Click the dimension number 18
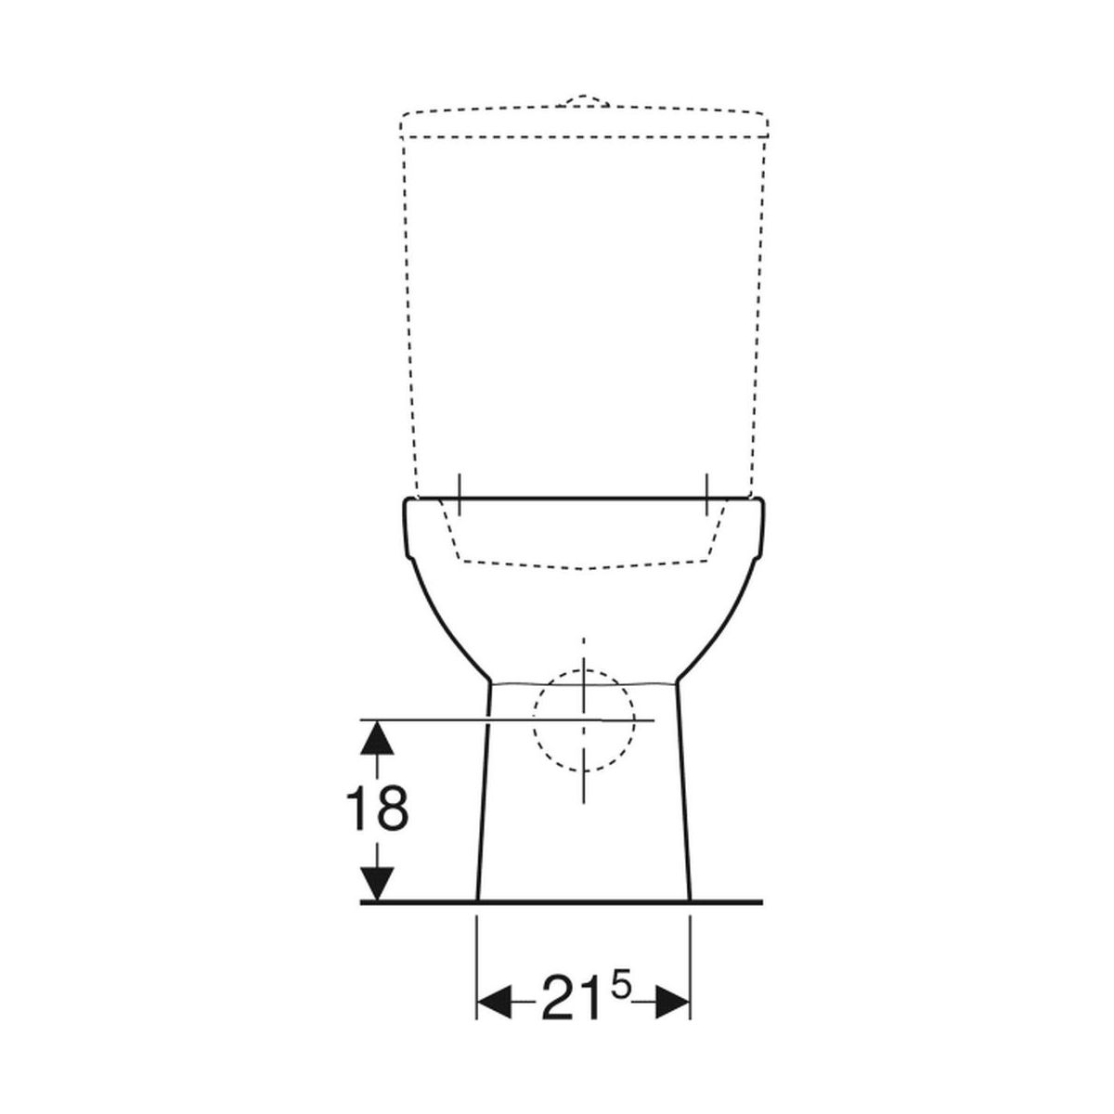tap(377, 809)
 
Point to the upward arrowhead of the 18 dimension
tap(377, 738)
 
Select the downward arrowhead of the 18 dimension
tap(377, 884)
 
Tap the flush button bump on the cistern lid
tap(583, 100)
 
